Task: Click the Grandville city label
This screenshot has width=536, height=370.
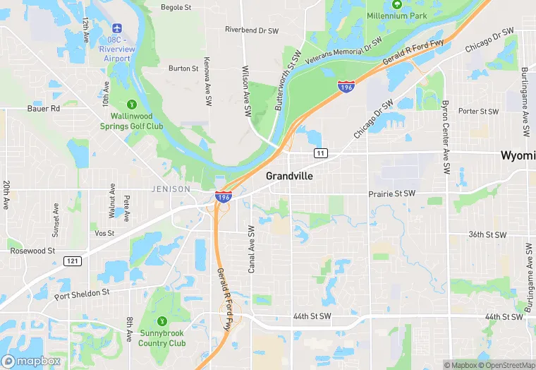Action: coord(289,176)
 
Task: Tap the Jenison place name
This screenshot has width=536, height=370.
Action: coord(171,189)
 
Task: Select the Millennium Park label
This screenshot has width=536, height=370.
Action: coord(398,15)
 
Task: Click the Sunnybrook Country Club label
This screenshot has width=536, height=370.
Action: coord(162,338)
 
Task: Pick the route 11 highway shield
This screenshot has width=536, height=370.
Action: coord(321,153)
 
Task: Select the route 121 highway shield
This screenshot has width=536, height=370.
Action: coord(72,261)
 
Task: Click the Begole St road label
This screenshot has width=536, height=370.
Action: coord(176,8)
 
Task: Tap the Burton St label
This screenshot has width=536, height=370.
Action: coord(183,68)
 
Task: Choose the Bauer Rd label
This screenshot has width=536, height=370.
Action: coord(44,109)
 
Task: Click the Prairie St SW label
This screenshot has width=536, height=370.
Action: coord(391,193)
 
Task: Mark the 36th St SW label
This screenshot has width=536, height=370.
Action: coord(487,234)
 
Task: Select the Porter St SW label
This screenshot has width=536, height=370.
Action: coord(478,111)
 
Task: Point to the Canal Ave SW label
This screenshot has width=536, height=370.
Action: coord(251,249)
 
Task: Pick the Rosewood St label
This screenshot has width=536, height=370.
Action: coord(32,251)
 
